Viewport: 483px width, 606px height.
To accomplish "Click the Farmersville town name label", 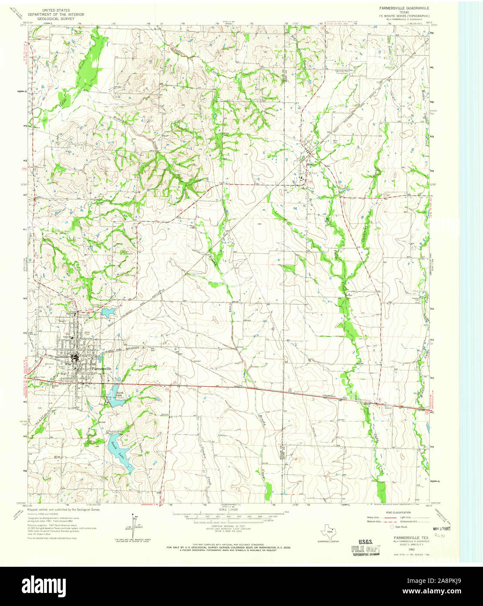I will click(x=101, y=368).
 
